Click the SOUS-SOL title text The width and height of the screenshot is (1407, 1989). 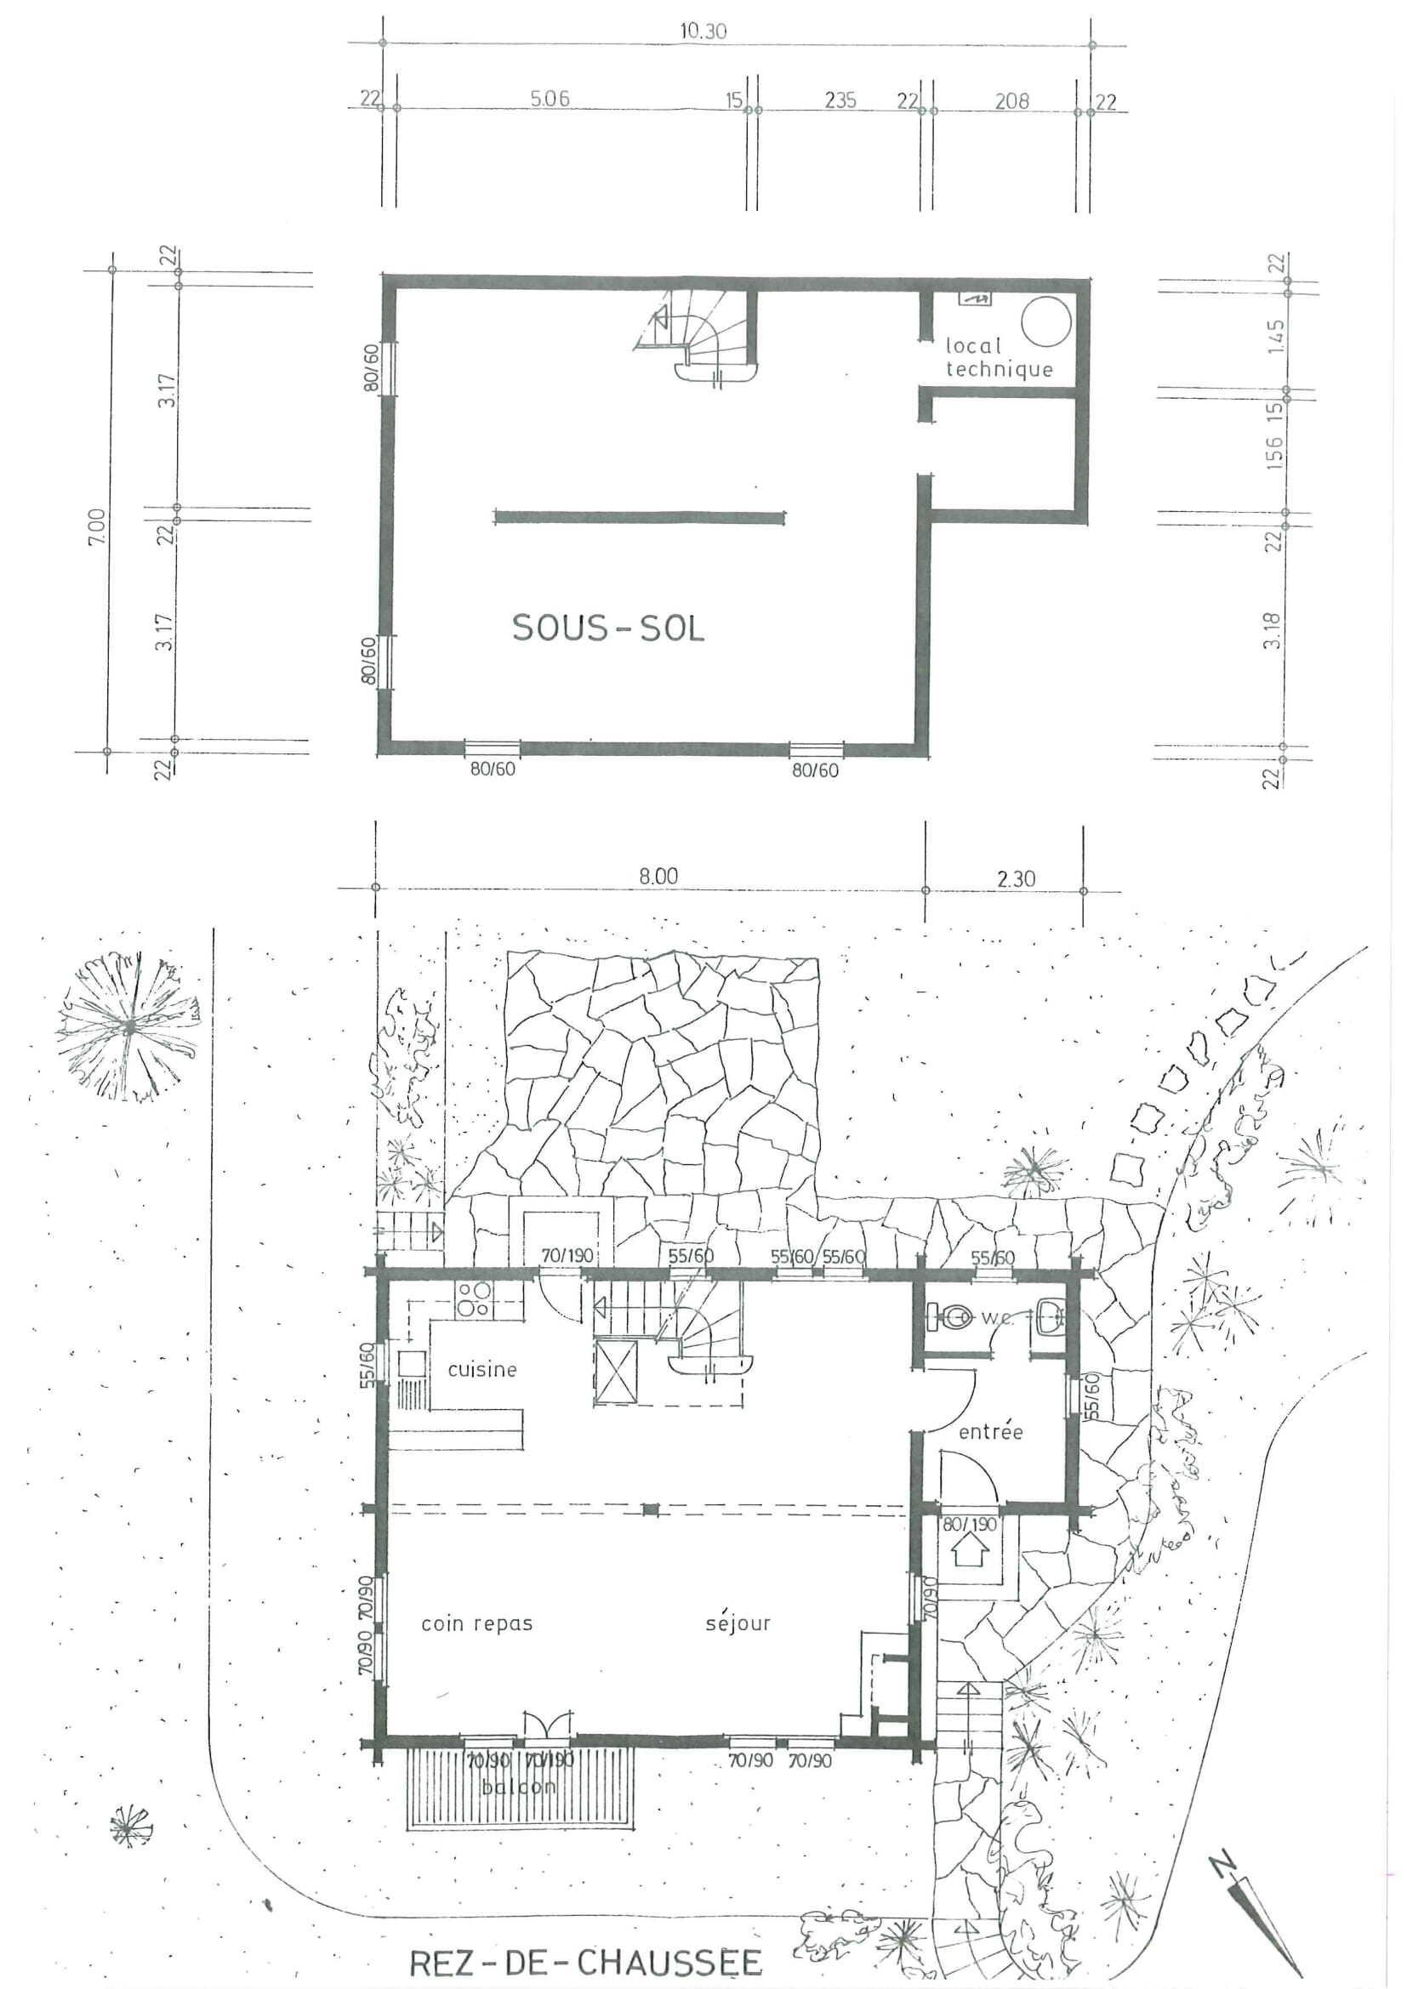tap(608, 628)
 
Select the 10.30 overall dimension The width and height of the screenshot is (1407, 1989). tap(703, 32)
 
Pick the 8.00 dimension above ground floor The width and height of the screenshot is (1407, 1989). tap(658, 877)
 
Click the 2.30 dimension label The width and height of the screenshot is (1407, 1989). tap(1016, 879)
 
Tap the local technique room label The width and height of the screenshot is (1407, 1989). tap(998, 358)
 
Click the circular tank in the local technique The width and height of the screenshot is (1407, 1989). tap(1046, 322)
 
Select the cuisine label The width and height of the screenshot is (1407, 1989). tap(481, 1370)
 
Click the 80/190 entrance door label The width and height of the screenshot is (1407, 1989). tap(969, 1524)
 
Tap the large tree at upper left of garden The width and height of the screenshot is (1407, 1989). tap(128, 1027)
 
